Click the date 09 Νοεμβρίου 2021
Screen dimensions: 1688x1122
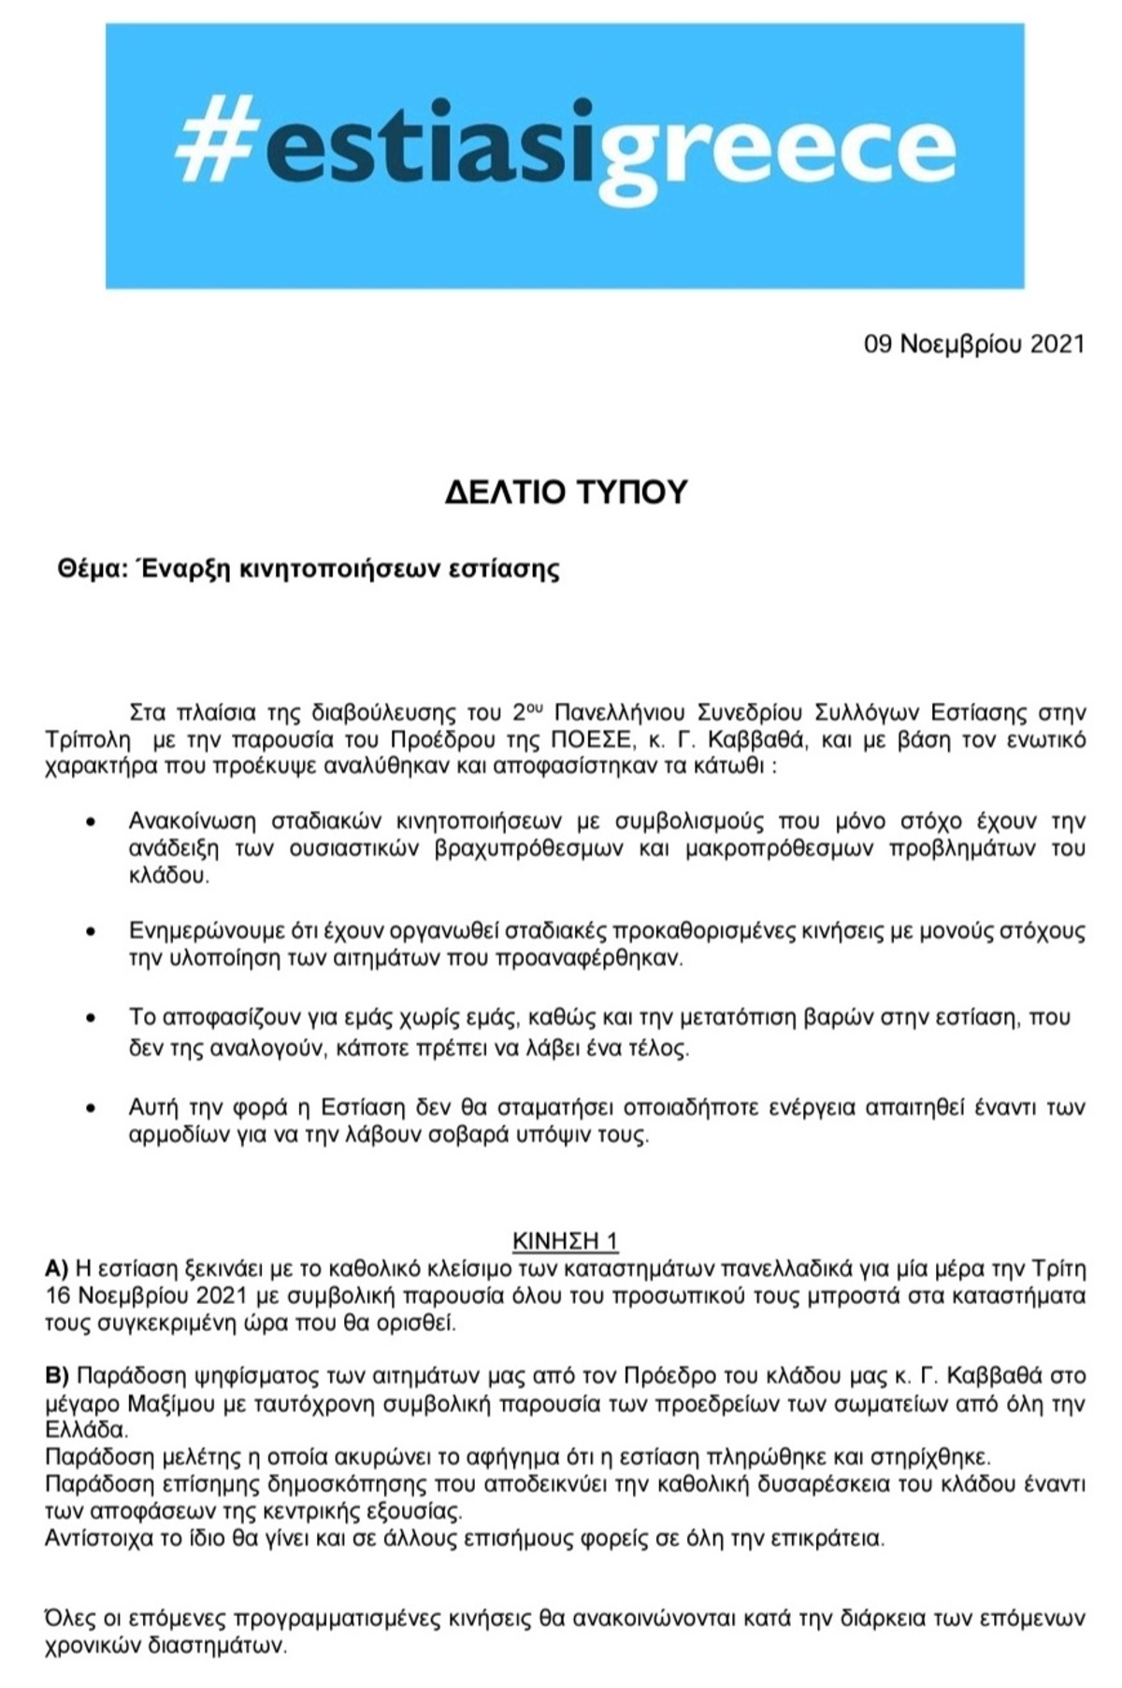click(x=973, y=345)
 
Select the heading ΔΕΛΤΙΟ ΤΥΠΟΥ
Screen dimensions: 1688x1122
click(x=566, y=492)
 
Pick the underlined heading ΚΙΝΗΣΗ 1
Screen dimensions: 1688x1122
click(x=565, y=1240)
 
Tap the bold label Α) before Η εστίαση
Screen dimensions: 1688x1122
click(x=57, y=1268)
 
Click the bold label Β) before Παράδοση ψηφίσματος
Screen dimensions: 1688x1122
click(x=57, y=1375)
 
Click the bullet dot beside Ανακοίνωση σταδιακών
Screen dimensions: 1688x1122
click(x=91, y=823)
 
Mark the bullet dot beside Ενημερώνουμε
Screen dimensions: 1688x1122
click(x=91, y=932)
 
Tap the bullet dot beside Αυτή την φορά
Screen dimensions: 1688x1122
click(x=91, y=1109)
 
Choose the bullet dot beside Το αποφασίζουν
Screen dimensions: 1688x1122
click(x=91, y=1018)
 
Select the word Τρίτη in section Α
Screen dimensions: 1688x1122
click(x=1059, y=1268)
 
